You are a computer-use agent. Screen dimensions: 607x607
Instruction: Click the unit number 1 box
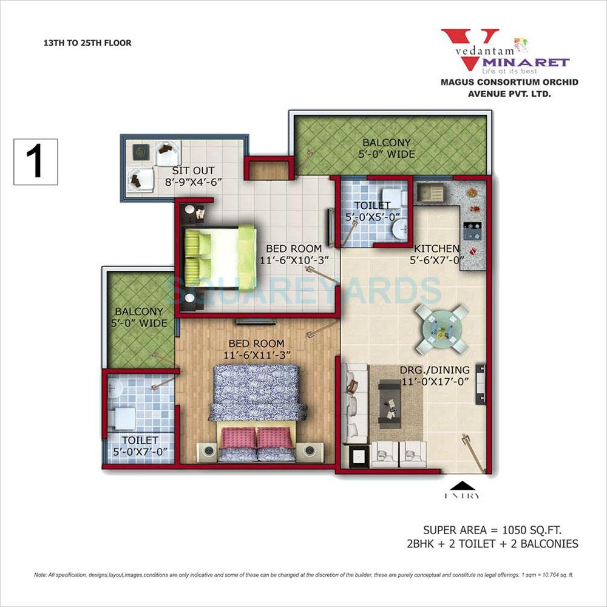[x=35, y=161]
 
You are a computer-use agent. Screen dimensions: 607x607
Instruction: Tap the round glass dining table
[x=442, y=328]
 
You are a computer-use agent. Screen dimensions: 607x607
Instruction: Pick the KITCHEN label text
[x=436, y=248]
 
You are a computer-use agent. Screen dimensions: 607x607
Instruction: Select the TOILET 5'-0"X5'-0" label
[x=373, y=210]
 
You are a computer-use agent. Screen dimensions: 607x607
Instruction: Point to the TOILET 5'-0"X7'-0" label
[x=140, y=445]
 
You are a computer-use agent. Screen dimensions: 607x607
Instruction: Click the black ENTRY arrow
[x=465, y=485]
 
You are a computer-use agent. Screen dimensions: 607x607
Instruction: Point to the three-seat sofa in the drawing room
[x=354, y=402]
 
